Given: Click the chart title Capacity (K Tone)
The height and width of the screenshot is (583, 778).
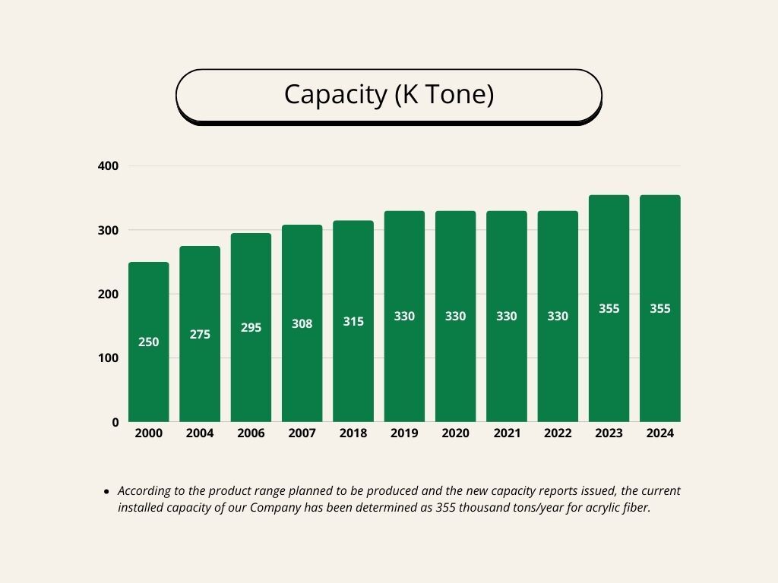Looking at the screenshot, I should (389, 95).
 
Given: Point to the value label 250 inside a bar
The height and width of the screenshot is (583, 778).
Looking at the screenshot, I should (149, 342).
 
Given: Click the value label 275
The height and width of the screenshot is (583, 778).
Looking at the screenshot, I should (200, 335).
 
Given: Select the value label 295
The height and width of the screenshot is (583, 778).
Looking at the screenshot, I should (251, 328).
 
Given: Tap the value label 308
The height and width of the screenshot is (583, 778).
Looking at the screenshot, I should (302, 324).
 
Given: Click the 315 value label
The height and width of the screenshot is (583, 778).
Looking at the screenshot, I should (353, 322).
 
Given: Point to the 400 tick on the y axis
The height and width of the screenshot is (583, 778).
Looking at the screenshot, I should (109, 165).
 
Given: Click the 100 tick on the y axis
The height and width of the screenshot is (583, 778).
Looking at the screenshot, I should (109, 358).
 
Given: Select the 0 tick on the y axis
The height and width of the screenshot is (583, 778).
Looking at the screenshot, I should (115, 422).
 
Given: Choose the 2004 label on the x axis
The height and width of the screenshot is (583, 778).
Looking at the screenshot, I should (200, 433).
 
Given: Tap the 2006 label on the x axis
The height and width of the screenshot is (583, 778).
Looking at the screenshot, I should (251, 433).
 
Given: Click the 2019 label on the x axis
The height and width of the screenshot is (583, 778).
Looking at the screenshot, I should (404, 433).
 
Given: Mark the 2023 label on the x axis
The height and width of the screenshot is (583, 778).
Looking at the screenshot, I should (609, 433).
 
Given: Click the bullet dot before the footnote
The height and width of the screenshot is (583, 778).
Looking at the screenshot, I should (106, 492).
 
